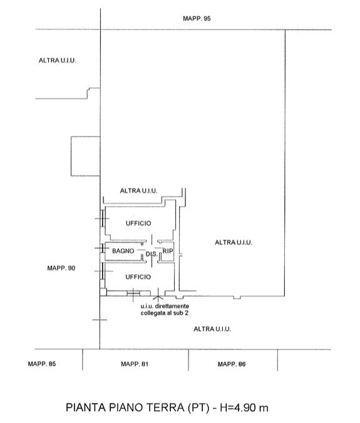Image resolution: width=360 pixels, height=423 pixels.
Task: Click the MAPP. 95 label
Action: (197, 19)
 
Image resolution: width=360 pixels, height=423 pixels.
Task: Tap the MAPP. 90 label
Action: (61, 268)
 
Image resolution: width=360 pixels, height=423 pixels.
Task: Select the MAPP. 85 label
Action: (42, 364)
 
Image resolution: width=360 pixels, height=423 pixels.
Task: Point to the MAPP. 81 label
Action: (135, 364)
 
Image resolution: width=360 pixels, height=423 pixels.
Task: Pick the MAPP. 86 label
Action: (232, 364)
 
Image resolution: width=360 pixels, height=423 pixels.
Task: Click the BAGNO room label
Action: (123, 251)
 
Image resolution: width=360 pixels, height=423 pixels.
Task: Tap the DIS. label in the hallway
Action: (152, 254)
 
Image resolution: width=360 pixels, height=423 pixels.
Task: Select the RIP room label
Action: (168, 251)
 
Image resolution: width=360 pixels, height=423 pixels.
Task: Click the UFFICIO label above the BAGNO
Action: (138, 223)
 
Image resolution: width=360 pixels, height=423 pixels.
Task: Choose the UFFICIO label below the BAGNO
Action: (138, 277)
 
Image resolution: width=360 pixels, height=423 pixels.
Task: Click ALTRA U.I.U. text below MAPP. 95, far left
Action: (58, 60)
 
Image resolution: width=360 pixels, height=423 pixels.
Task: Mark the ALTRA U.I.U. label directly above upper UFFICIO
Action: (138, 191)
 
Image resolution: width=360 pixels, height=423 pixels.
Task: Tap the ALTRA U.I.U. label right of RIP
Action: (234, 243)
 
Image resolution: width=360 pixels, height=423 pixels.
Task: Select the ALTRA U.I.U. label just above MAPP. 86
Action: (212, 329)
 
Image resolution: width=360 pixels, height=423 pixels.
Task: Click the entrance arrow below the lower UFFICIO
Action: (158, 295)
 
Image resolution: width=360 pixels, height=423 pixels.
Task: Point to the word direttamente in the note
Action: (172, 306)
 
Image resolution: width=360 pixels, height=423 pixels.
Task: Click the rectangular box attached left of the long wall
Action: (85, 157)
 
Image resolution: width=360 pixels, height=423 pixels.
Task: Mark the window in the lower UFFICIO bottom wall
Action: (133, 293)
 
